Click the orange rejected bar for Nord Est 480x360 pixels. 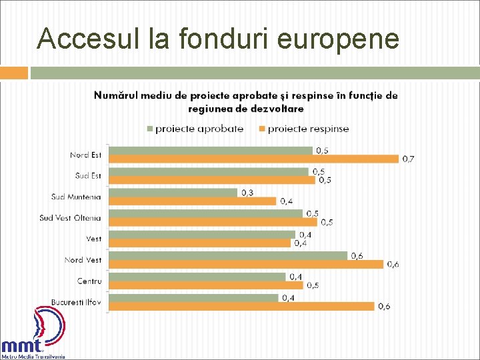tap(253, 159)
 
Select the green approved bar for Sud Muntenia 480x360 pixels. tap(173, 193)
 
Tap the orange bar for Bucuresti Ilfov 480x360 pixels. tap(241, 306)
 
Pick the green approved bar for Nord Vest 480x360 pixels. tap(227, 255)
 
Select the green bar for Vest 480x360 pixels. tap(201, 235)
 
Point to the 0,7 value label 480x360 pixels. tap(407, 159)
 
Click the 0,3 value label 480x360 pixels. tap(247, 193)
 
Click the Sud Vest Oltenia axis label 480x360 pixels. tap(70, 218)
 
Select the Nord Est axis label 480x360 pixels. tap(85, 155)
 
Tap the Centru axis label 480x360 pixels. tap(89, 281)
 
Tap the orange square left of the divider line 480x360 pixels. tap(14, 73)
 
